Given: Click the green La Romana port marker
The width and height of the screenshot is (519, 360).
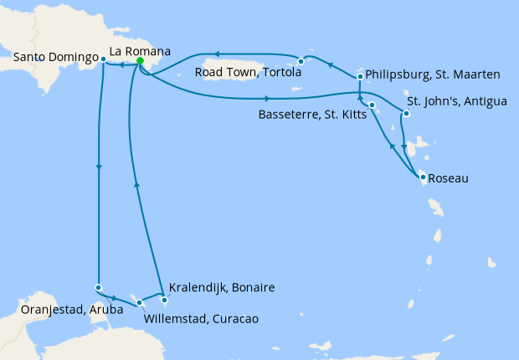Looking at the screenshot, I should (x=140, y=61).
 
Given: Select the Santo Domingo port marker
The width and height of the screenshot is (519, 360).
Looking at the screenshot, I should (x=103, y=59).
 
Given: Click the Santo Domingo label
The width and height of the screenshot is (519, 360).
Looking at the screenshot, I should (x=52, y=58).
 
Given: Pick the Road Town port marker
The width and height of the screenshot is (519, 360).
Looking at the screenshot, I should (x=300, y=61).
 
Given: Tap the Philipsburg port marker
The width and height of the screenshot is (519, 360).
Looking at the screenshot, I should (x=360, y=77).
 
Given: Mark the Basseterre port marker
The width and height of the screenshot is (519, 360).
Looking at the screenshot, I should (x=372, y=105).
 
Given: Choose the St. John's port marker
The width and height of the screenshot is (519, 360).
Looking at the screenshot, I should (x=405, y=113).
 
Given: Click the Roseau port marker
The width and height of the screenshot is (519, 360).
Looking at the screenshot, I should (x=424, y=177).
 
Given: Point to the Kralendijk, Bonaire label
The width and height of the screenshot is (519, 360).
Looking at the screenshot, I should (x=221, y=287).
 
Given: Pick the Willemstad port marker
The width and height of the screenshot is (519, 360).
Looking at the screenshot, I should (x=139, y=302).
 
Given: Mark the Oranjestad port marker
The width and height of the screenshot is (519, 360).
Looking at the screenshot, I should (x=99, y=288).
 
